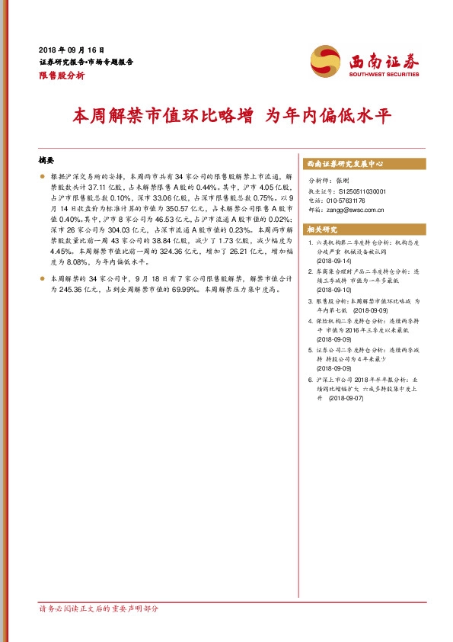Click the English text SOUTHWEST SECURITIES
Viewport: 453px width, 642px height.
tap(384, 75)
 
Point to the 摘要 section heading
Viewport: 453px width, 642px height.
tap(47, 161)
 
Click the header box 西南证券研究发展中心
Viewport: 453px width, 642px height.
tap(344, 164)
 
